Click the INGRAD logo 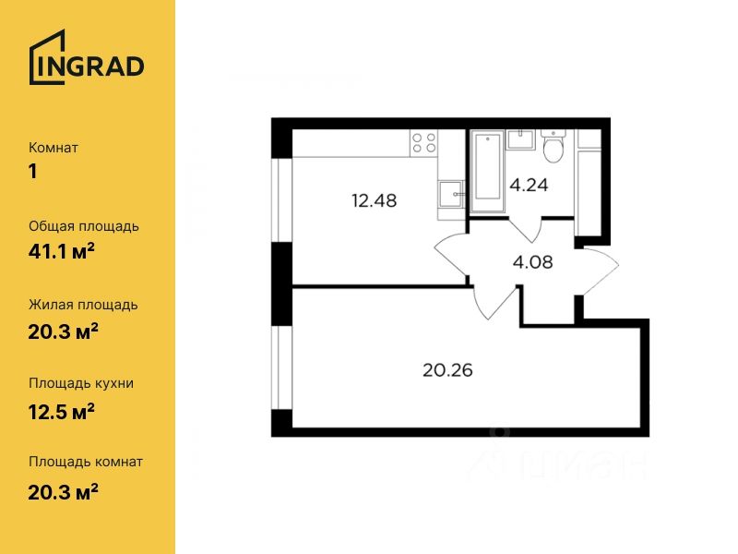point(87,57)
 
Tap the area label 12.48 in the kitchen point(375,201)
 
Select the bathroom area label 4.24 point(529,186)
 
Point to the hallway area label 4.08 point(533,262)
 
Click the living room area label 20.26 point(447,370)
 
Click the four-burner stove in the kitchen point(424,142)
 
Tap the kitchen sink point(451,194)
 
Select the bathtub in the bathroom point(488,166)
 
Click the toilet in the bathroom point(553,145)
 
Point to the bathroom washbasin point(520,139)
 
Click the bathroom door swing point(526,229)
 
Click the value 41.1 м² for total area point(62,251)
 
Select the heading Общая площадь point(84,226)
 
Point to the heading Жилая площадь point(83,306)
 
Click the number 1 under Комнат point(32,172)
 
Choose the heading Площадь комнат point(86,462)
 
